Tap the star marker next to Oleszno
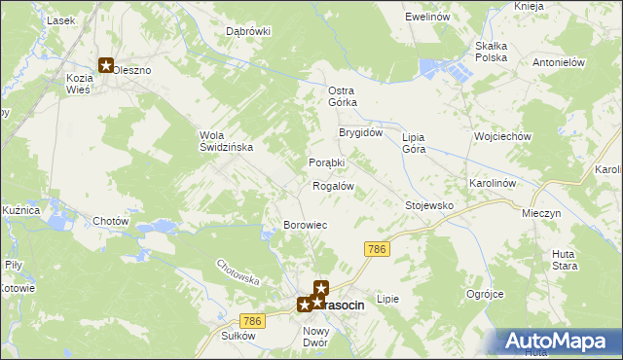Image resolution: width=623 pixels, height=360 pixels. (x=105, y=66)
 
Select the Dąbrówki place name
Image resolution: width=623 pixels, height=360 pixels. (x=248, y=31)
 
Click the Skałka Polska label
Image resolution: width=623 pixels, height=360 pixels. (x=492, y=52)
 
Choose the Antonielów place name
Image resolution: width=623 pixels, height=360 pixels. (x=557, y=61)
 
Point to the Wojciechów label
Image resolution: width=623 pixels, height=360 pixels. (x=501, y=137)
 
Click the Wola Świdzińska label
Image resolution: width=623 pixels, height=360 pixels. (x=226, y=140)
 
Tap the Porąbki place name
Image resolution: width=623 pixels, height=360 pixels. (x=327, y=162)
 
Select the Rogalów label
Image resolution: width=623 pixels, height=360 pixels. (x=332, y=185)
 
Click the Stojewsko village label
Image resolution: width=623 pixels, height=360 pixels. (x=429, y=205)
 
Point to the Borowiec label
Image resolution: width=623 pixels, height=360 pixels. (x=305, y=225)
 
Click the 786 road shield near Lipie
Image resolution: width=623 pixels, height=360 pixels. (x=378, y=250)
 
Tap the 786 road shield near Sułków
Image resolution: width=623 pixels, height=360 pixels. (x=252, y=321)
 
